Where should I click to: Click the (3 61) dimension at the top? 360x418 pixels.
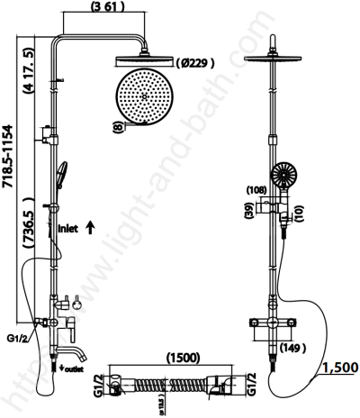[x=98, y=8]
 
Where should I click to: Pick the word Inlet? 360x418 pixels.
[x=70, y=229]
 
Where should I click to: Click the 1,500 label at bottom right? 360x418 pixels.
[x=338, y=367]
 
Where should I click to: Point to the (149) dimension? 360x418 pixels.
[x=292, y=346]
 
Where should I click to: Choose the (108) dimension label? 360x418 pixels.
[x=256, y=190]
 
